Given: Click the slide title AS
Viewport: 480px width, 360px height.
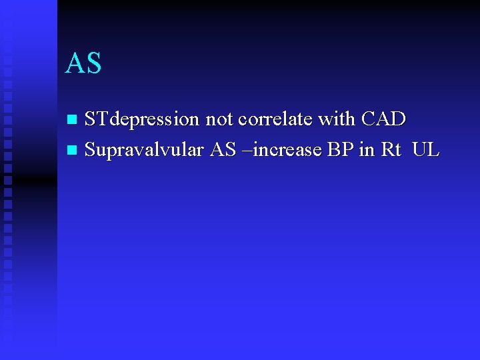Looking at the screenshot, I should click(83, 63).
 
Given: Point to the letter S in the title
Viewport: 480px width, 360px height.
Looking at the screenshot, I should click(93, 63).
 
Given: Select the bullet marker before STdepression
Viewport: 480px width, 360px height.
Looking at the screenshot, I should click(73, 120).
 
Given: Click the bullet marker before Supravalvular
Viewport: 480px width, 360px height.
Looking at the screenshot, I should click(73, 151).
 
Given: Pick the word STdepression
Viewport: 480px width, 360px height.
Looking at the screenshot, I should click(142, 120).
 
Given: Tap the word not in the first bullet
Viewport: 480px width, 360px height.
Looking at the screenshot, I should click(217, 120).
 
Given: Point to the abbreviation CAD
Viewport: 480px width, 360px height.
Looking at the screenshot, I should click(383, 120).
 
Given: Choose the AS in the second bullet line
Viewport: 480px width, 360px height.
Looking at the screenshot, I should click(222, 151).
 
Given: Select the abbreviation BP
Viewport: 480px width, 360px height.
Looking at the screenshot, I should click(340, 151).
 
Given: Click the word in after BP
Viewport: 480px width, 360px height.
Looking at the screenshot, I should click(367, 151).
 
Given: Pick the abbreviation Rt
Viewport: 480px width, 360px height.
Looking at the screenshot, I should click(391, 151).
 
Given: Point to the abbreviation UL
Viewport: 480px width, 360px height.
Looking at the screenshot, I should click(426, 151).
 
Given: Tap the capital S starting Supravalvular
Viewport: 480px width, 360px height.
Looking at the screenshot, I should click(91, 151).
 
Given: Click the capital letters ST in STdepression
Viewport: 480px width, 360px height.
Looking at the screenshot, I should click(97, 120).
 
